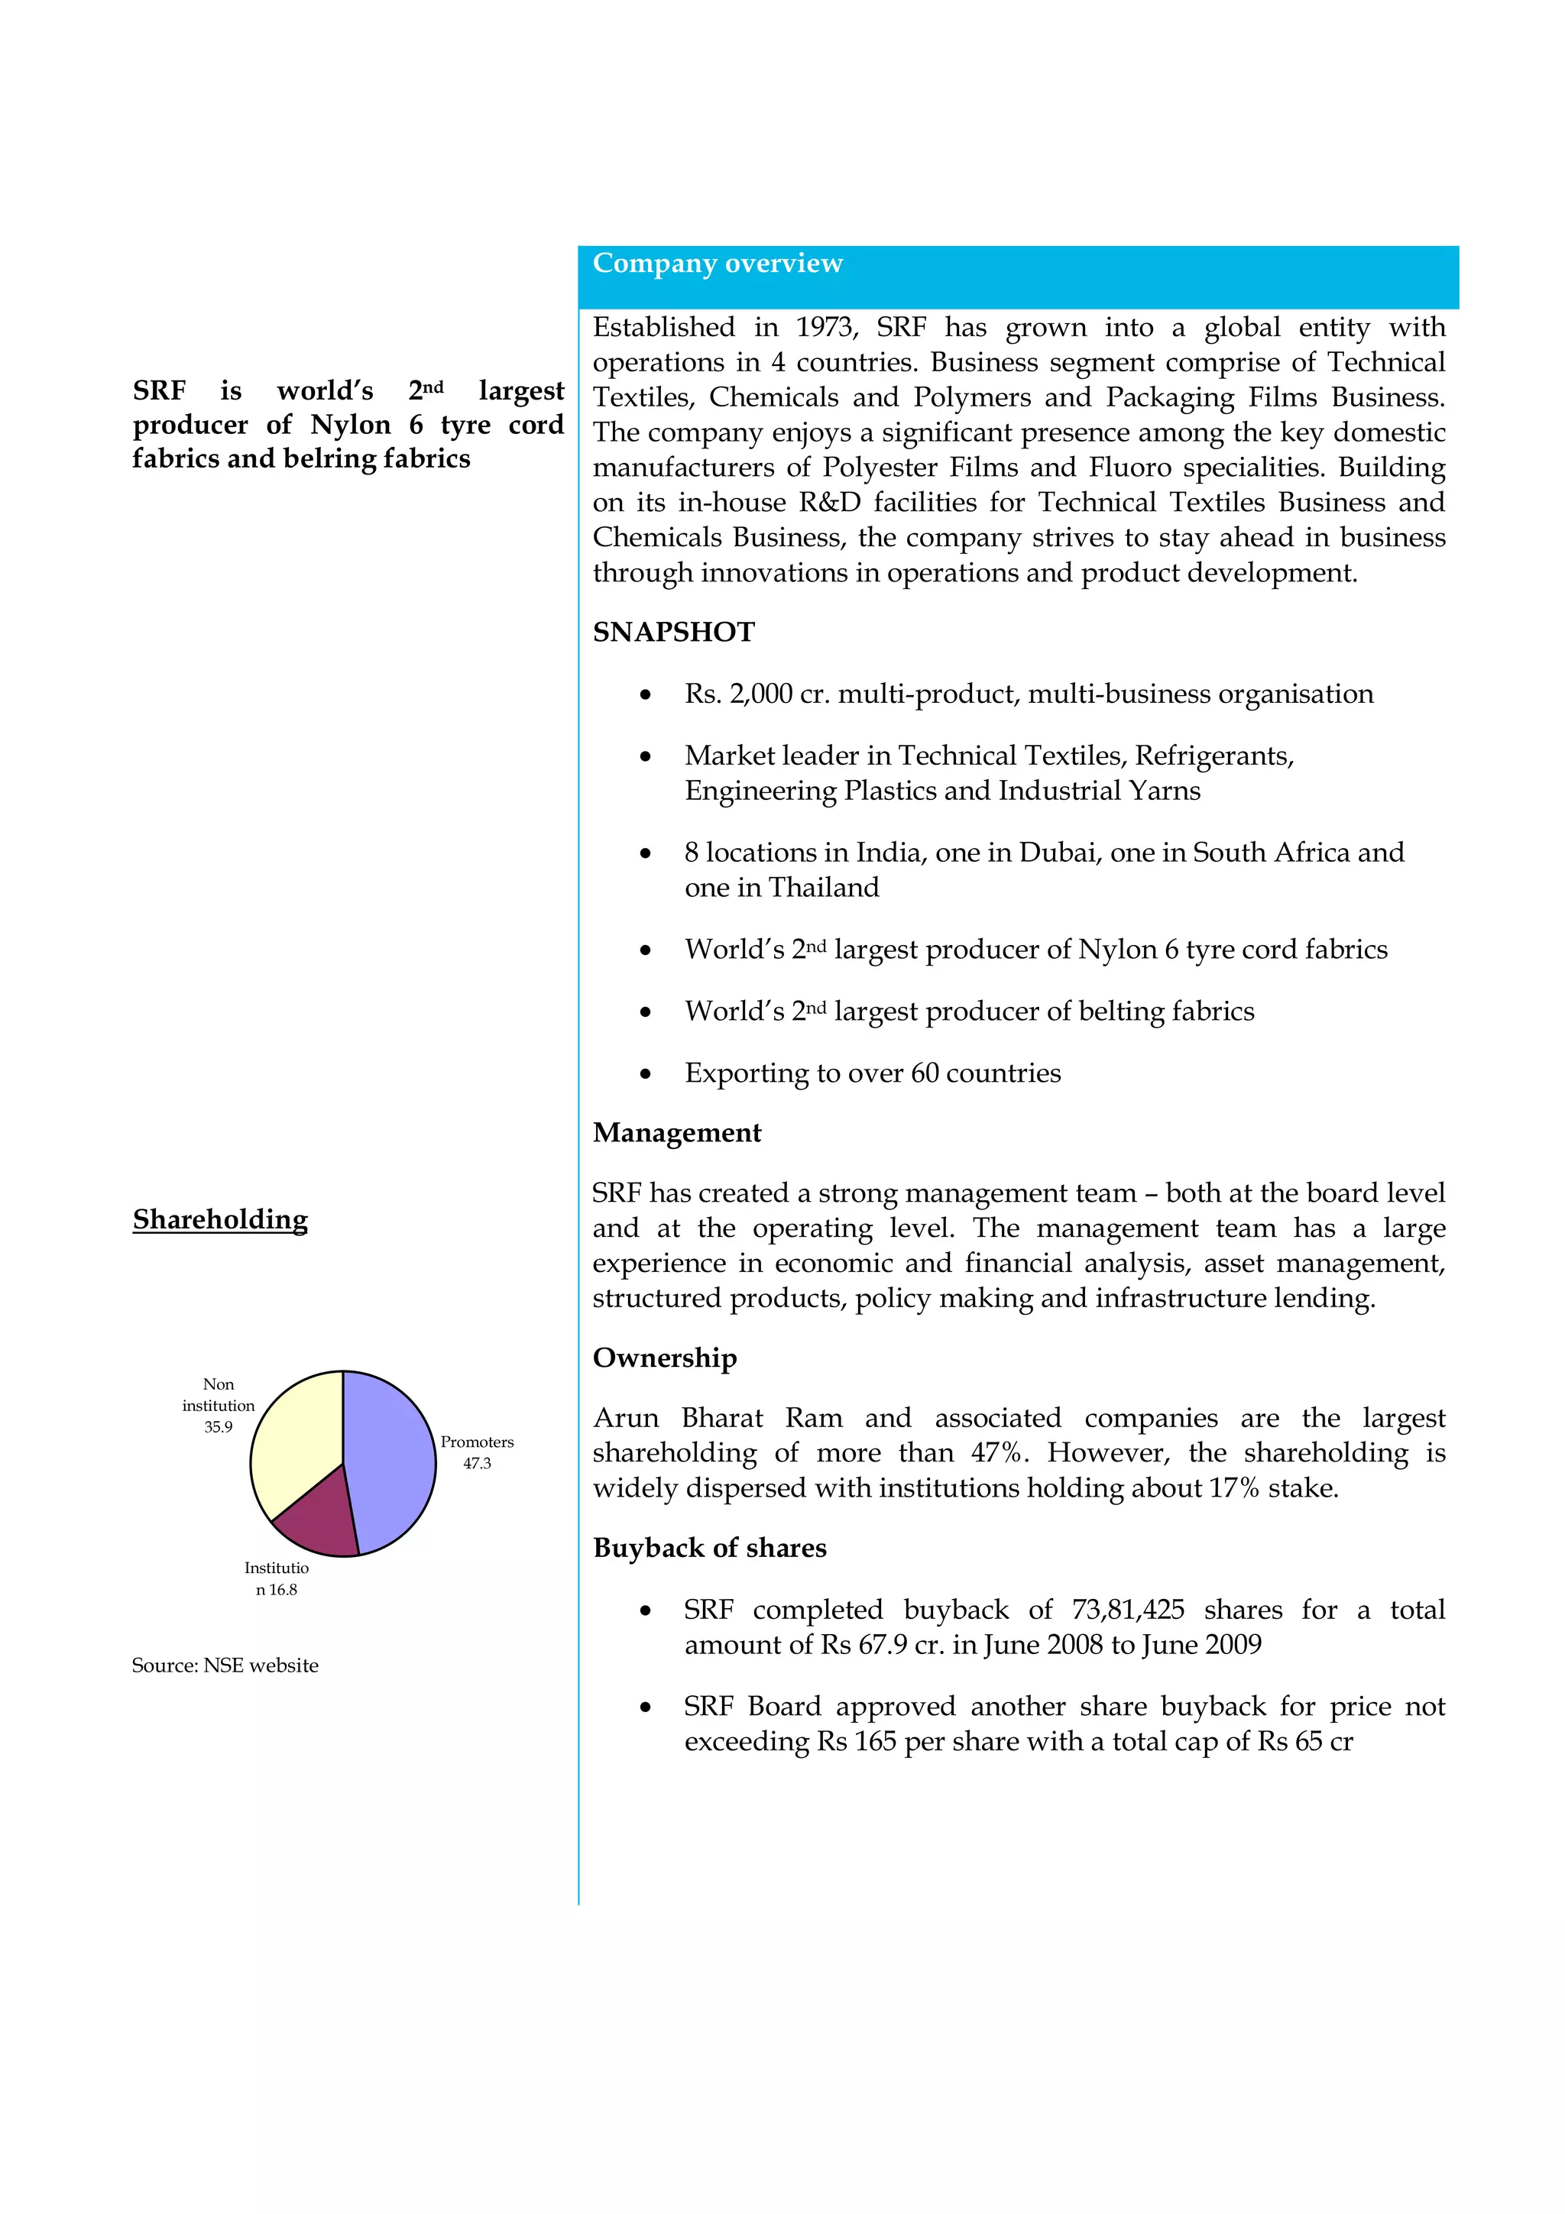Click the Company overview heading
(x=718, y=264)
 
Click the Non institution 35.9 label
(x=218, y=1405)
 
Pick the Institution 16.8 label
(x=276, y=1578)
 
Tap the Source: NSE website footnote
(x=225, y=1665)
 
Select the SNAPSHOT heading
(x=673, y=632)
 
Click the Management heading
(x=676, y=1132)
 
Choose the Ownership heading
(x=664, y=1358)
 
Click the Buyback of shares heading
(x=710, y=1548)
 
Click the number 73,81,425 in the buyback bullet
(x=1127, y=1610)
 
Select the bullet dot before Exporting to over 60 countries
(x=645, y=1074)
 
